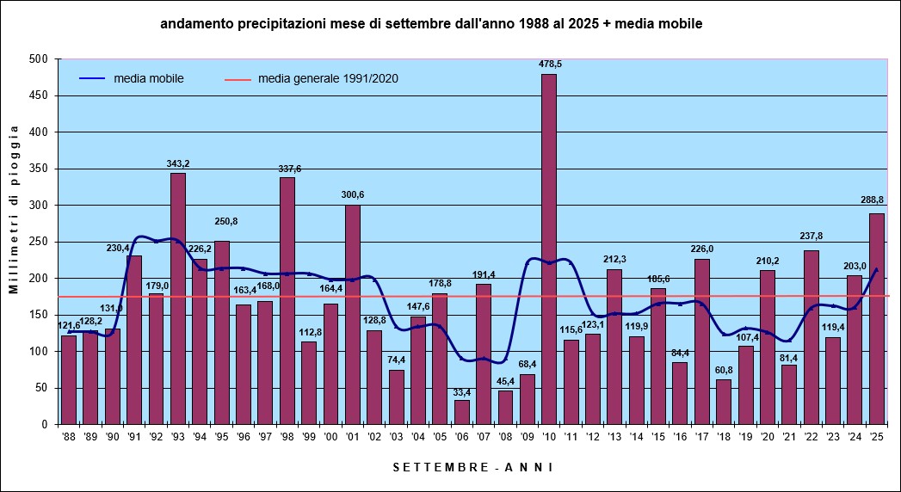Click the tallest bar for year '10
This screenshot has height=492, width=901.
pos(549,249)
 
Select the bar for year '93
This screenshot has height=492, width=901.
pos(178,298)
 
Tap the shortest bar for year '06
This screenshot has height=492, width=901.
pos(462,412)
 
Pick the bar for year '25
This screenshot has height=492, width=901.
pos(877,318)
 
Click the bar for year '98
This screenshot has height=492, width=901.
pos(287,300)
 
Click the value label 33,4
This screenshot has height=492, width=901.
pos(462,391)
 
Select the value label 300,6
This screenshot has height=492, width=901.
pos(353,195)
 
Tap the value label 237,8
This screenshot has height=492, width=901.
pos(811,237)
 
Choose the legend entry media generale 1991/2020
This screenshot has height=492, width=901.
pos(328,78)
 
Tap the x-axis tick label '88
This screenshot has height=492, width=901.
pos(69,437)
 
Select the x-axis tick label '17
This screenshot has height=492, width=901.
pos(702,437)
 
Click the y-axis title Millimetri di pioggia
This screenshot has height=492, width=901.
pos(15,210)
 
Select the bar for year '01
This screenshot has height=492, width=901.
pos(353,314)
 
